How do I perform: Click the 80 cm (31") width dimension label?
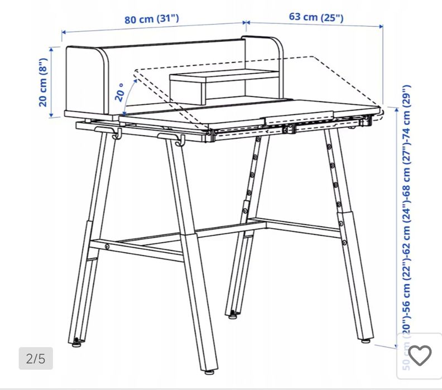coord(151,19)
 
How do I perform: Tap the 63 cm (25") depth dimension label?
coord(316,17)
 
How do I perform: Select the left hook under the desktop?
coord(116,134)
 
